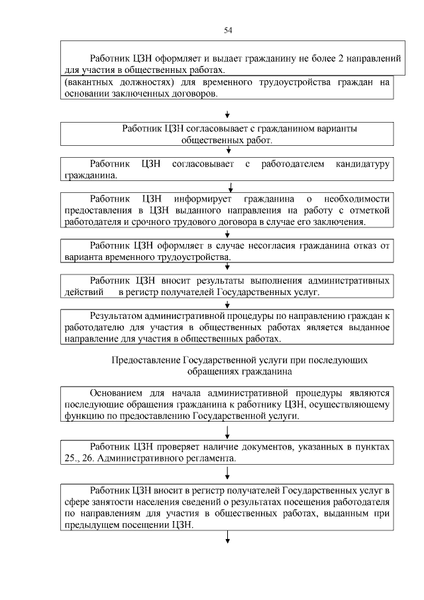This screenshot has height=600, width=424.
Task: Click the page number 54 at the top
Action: click(x=228, y=30)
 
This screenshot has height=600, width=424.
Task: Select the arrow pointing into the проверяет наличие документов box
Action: click(x=228, y=432)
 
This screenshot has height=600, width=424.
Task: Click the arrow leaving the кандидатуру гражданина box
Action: click(x=228, y=186)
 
